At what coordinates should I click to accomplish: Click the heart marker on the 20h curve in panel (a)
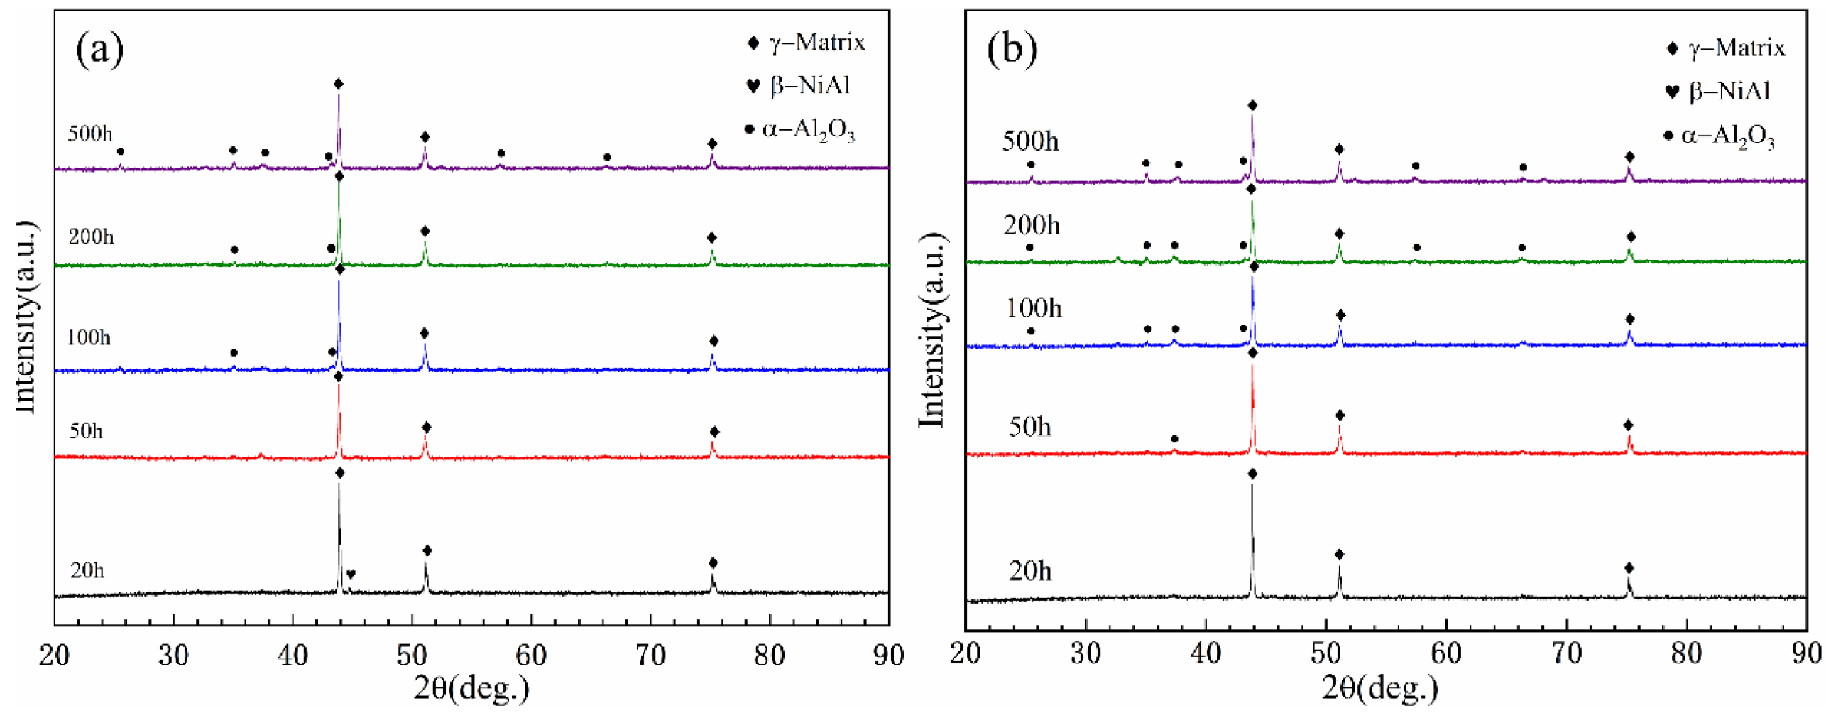(x=351, y=574)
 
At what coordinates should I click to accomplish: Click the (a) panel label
(x=99, y=50)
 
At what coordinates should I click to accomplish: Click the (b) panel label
(x=1012, y=50)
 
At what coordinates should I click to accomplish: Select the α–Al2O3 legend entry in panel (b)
(x=1720, y=136)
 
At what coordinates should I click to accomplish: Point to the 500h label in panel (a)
(x=89, y=134)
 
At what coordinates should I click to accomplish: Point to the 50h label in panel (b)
(x=1029, y=427)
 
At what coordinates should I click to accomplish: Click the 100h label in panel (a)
(x=88, y=337)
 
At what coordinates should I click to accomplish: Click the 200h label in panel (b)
(x=1031, y=225)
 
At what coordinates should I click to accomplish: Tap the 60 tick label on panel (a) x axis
(x=531, y=655)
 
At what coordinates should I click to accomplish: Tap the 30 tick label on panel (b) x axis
(x=1086, y=653)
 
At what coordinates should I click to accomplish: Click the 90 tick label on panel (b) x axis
(x=1806, y=653)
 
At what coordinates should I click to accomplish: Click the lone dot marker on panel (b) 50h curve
(x=1174, y=440)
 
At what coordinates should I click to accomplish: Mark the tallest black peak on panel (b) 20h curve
(x=1252, y=540)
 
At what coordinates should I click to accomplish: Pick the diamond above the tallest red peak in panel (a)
(x=339, y=377)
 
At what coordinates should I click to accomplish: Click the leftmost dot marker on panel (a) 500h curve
(x=120, y=151)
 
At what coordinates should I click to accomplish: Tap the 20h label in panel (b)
(x=1029, y=571)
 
